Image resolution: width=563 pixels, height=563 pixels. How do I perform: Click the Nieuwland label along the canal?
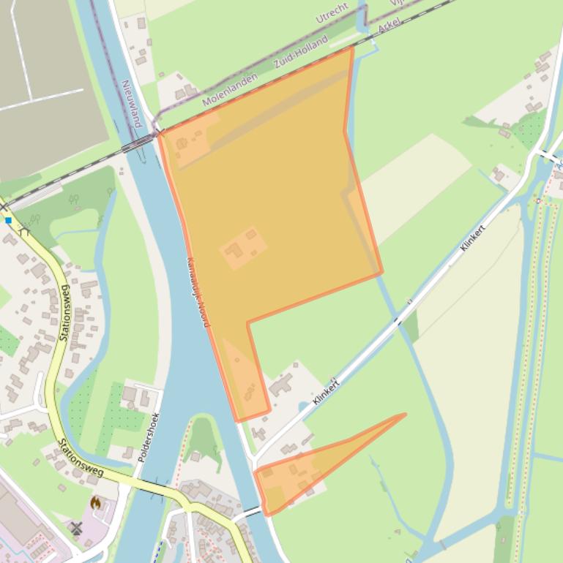(130, 102)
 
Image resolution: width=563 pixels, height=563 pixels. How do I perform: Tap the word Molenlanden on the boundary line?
(230, 90)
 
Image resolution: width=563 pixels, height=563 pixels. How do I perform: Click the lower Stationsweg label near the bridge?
(81, 457)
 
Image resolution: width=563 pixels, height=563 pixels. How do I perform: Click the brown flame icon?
(95, 502)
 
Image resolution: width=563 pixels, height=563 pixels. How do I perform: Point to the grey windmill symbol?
(76, 527)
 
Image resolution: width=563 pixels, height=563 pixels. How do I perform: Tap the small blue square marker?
(8, 219)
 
